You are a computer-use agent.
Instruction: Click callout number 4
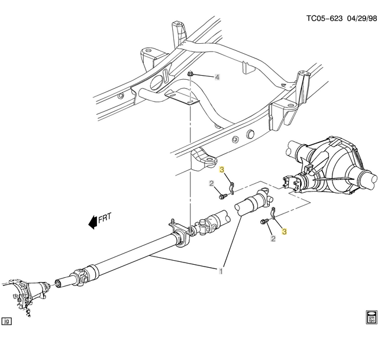tap(217, 77)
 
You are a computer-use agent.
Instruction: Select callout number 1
tap(221, 271)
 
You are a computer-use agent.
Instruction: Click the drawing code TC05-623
tap(323, 18)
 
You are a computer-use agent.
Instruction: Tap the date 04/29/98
tap(361, 18)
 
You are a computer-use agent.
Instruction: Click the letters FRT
tap(105, 218)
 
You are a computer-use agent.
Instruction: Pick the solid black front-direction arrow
tap(92, 222)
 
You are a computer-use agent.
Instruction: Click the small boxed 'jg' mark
tap(7, 322)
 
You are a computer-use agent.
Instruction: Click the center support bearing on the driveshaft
tap(180, 234)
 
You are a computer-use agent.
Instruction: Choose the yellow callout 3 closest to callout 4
tap(222, 170)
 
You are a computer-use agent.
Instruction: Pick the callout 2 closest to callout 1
tap(273, 239)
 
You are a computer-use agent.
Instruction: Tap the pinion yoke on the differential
tap(293, 183)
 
